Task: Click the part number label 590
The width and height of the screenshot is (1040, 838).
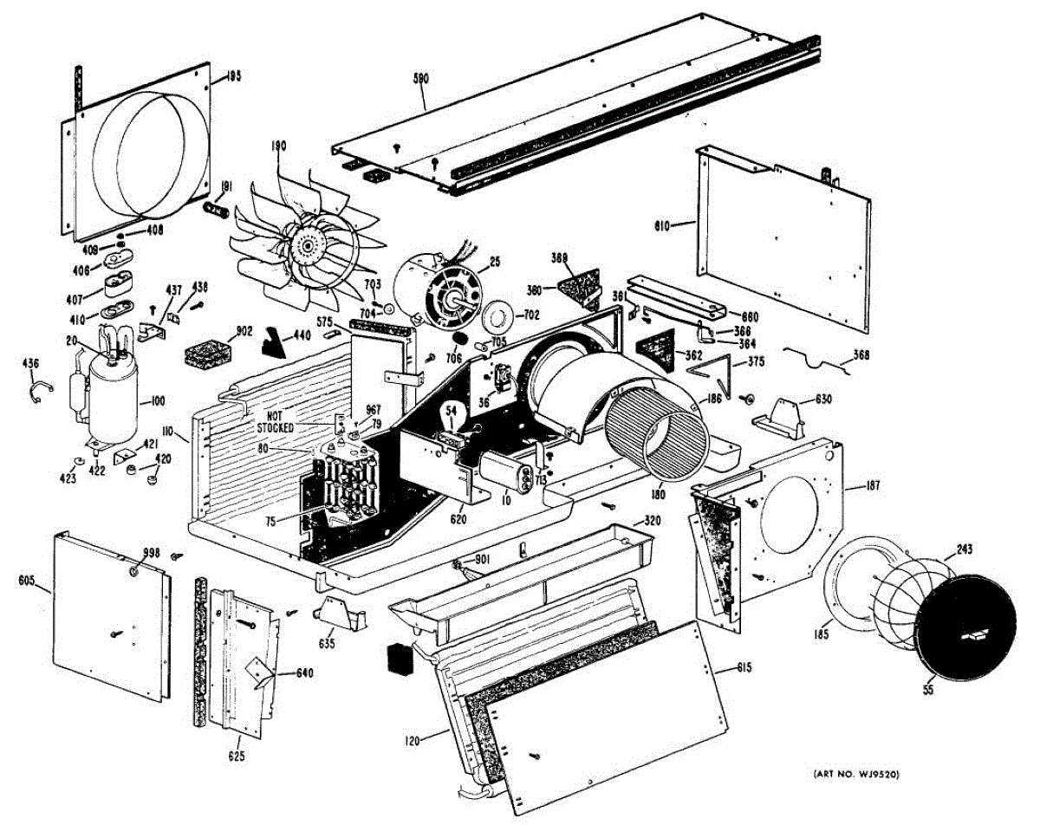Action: click(422, 79)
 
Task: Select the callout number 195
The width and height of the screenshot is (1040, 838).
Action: click(233, 76)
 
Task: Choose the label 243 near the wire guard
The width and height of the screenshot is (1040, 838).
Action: click(965, 549)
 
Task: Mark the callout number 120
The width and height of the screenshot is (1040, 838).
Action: click(413, 742)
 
